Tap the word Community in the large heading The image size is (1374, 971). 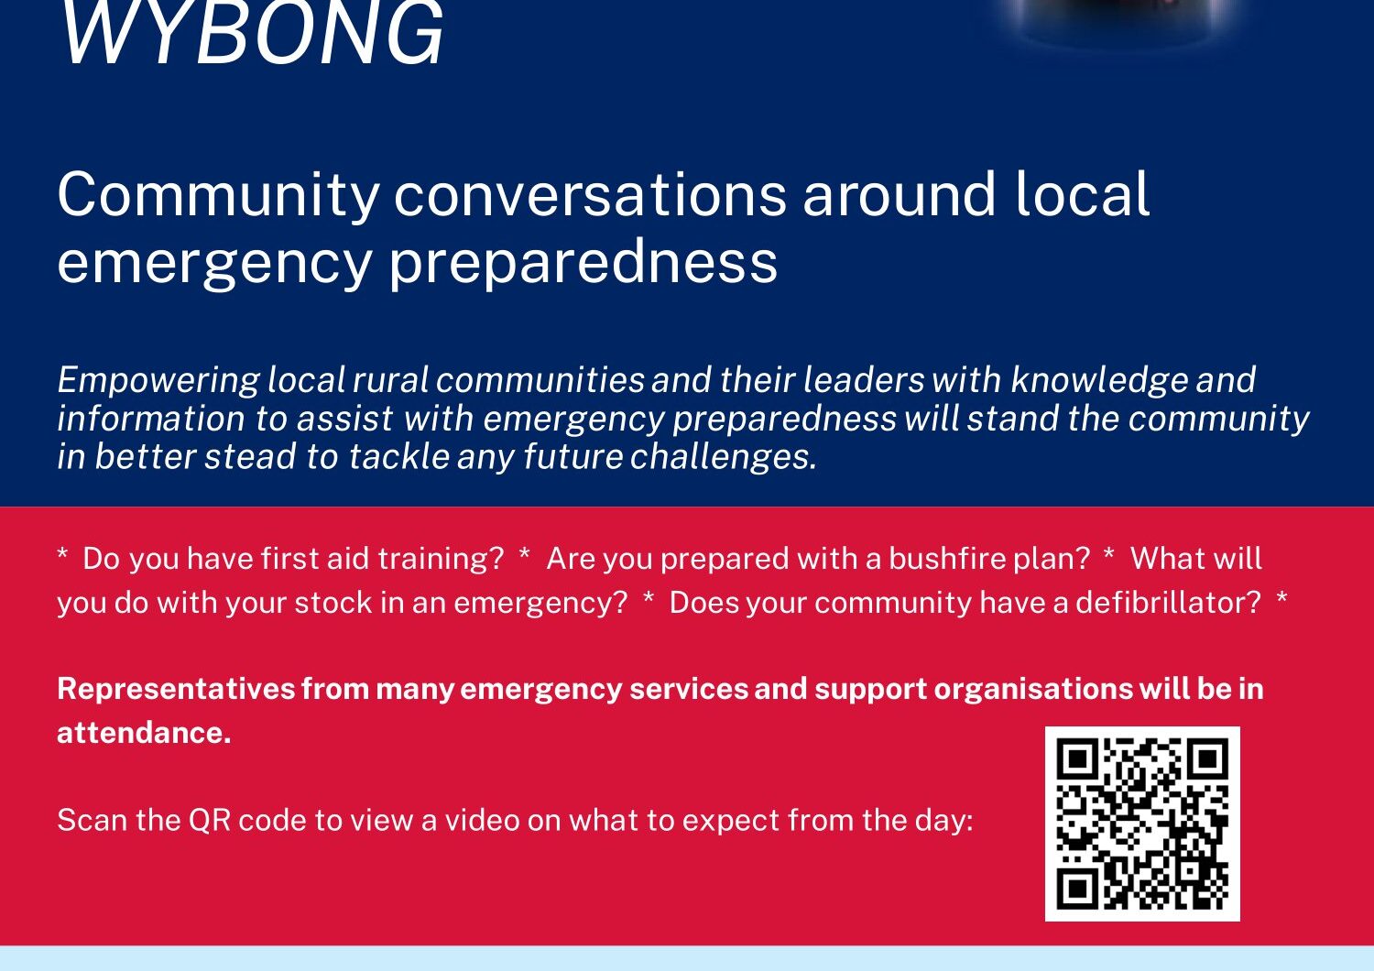coord(218,196)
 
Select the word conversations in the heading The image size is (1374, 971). coord(590,194)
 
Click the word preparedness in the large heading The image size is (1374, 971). coord(583,264)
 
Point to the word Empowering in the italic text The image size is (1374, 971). coord(158,380)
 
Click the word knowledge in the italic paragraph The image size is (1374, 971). coord(1098,380)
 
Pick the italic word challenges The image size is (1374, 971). coord(724,457)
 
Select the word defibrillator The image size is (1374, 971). coord(1168,603)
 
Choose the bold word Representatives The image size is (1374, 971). coord(176,690)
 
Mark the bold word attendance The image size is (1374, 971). coord(144,733)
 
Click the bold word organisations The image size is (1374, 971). coord(1033,690)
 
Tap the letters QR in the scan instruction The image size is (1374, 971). coord(209,820)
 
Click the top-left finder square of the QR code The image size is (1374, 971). coord(1077,759)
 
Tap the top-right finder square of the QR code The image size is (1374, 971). coord(1207,759)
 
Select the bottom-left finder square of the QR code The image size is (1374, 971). coord(1077,889)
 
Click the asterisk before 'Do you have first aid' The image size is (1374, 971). coord(62,554)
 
